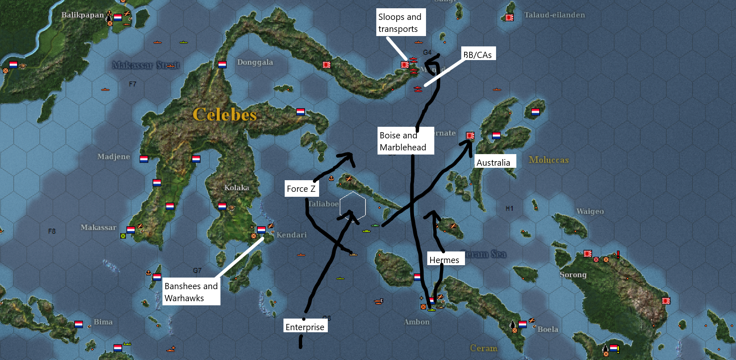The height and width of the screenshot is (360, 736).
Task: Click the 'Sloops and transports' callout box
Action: pyautogui.click(x=400, y=22)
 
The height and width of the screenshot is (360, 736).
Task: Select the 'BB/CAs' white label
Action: pyautogui.click(x=478, y=54)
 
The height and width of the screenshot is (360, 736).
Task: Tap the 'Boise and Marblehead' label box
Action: pyautogui.click(x=405, y=141)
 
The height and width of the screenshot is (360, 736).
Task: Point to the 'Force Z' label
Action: pyautogui.click(x=301, y=189)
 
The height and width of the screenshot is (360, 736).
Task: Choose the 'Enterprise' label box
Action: pyautogui.click(x=305, y=326)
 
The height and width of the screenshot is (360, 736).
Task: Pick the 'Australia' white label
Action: pyautogui.click(x=494, y=162)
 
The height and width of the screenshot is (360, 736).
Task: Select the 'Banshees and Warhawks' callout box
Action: pyautogui.click(x=191, y=292)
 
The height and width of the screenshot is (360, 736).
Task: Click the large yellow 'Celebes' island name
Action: pyautogui.click(x=225, y=114)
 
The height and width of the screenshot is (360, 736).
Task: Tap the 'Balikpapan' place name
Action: pyautogui.click(x=82, y=15)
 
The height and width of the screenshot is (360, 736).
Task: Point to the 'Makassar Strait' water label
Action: pyautogui.click(x=146, y=65)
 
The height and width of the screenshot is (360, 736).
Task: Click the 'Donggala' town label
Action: pyautogui.click(x=255, y=62)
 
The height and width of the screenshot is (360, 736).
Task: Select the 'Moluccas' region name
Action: pyautogui.click(x=549, y=160)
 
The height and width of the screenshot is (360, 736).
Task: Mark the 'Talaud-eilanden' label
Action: pyautogui.click(x=554, y=15)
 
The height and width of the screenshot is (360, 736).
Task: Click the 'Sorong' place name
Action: pyautogui.click(x=573, y=275)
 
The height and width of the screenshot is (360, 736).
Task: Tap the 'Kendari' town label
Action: pyautogui.click(x=291, y=235)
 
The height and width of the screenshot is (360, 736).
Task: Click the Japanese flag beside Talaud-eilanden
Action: pyautogui.click(x=509, y=17)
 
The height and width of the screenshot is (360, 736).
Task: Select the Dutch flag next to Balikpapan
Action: pyautogui.click(x=118, y=17)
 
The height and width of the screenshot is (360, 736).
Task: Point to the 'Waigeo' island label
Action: pyautogui.click(x=590, y=211)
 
